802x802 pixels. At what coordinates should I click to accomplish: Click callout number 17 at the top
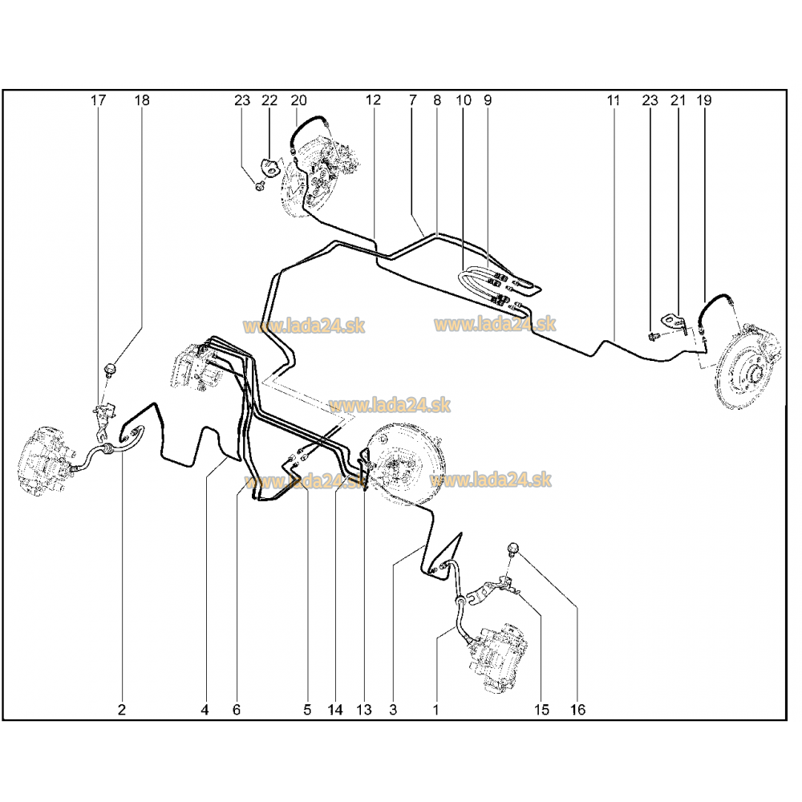pyautogui.click(x=98, y=101)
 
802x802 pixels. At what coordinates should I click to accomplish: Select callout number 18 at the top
pyautogui.click(x=142, y=101)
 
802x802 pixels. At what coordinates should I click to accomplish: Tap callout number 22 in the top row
pyautogui.click(x=269, y=101)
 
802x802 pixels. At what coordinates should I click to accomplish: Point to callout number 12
pyautogui.click(x=373, y=101)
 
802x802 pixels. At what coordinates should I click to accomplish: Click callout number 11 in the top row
pyautogui.click(x=614, y=101)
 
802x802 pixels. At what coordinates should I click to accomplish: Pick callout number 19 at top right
pyautogui.click(x=704, y=101)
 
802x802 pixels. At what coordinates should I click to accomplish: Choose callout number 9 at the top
pyautogui.click(x=487, y=101)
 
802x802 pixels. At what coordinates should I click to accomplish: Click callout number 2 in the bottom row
pyautogui.click(x=122, y=709)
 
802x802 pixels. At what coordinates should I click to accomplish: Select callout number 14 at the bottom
pyautogui.click(x=335, y=709)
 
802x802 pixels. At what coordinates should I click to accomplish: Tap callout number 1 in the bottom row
pyautogui.click(x=435, y=709)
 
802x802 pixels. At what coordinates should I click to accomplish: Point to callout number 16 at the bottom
pyautogui.click(x=578, y=709)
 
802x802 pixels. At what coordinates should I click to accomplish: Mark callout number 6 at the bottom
pyautogui.click(x=237, y=709)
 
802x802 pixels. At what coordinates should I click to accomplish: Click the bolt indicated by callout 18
pyautogui.click(x=111, y=369)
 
